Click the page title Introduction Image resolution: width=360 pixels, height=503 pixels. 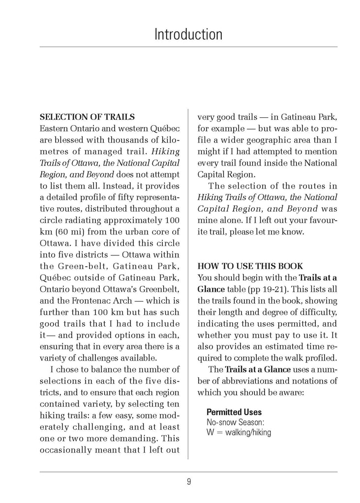pos(188,34)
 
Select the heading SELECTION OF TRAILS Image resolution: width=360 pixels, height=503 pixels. pos(87,117)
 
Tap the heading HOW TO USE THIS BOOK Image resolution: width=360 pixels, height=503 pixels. pos(250,266)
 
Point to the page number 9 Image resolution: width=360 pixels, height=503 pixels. pos(189,482)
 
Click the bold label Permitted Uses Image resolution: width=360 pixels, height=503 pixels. pos(234,412)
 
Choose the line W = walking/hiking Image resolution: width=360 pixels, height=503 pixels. pos(239,433)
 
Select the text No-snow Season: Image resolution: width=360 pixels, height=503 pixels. pos(236,422)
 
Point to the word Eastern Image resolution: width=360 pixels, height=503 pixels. pos(54,129)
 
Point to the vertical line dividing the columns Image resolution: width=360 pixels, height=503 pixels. pos(189,285)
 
